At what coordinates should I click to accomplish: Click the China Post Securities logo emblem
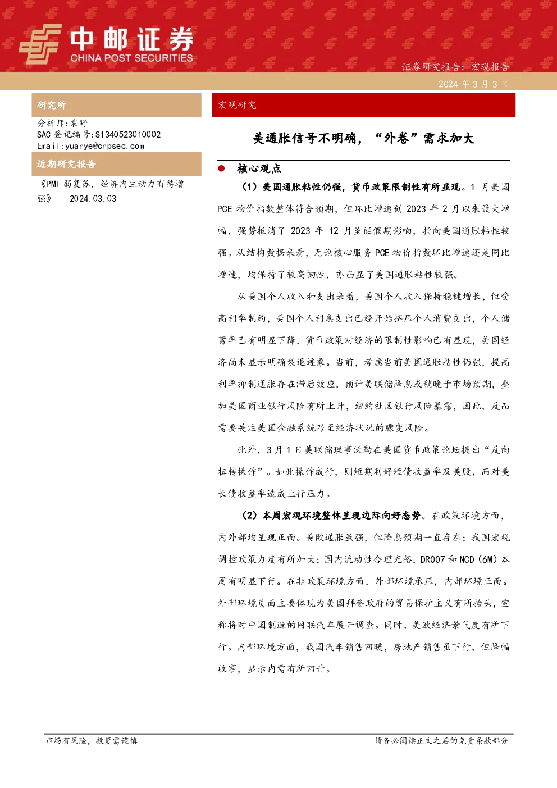click(40, 44)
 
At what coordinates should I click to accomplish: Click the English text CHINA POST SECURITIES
click(131, 58)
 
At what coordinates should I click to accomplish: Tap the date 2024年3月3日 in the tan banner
click(473, 84)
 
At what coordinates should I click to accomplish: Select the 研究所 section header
click(51, 105)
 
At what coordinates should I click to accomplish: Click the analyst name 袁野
click(79, 123)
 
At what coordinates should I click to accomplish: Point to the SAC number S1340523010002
click(128, 134)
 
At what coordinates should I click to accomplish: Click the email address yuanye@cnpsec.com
click(104, 146)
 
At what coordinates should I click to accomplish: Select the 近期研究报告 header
click(66, 164)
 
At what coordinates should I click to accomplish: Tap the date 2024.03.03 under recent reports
click(93, 198)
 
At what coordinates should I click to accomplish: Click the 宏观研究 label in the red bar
click(237, 105)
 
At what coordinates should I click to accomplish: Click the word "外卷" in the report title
click(396, 138)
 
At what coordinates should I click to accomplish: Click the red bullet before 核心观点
click(221, 168)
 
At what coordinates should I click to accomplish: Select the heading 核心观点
click(259, 169)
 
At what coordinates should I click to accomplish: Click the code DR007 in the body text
click(432, 559)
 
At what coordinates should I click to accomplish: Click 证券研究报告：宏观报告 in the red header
click(455, 66)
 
